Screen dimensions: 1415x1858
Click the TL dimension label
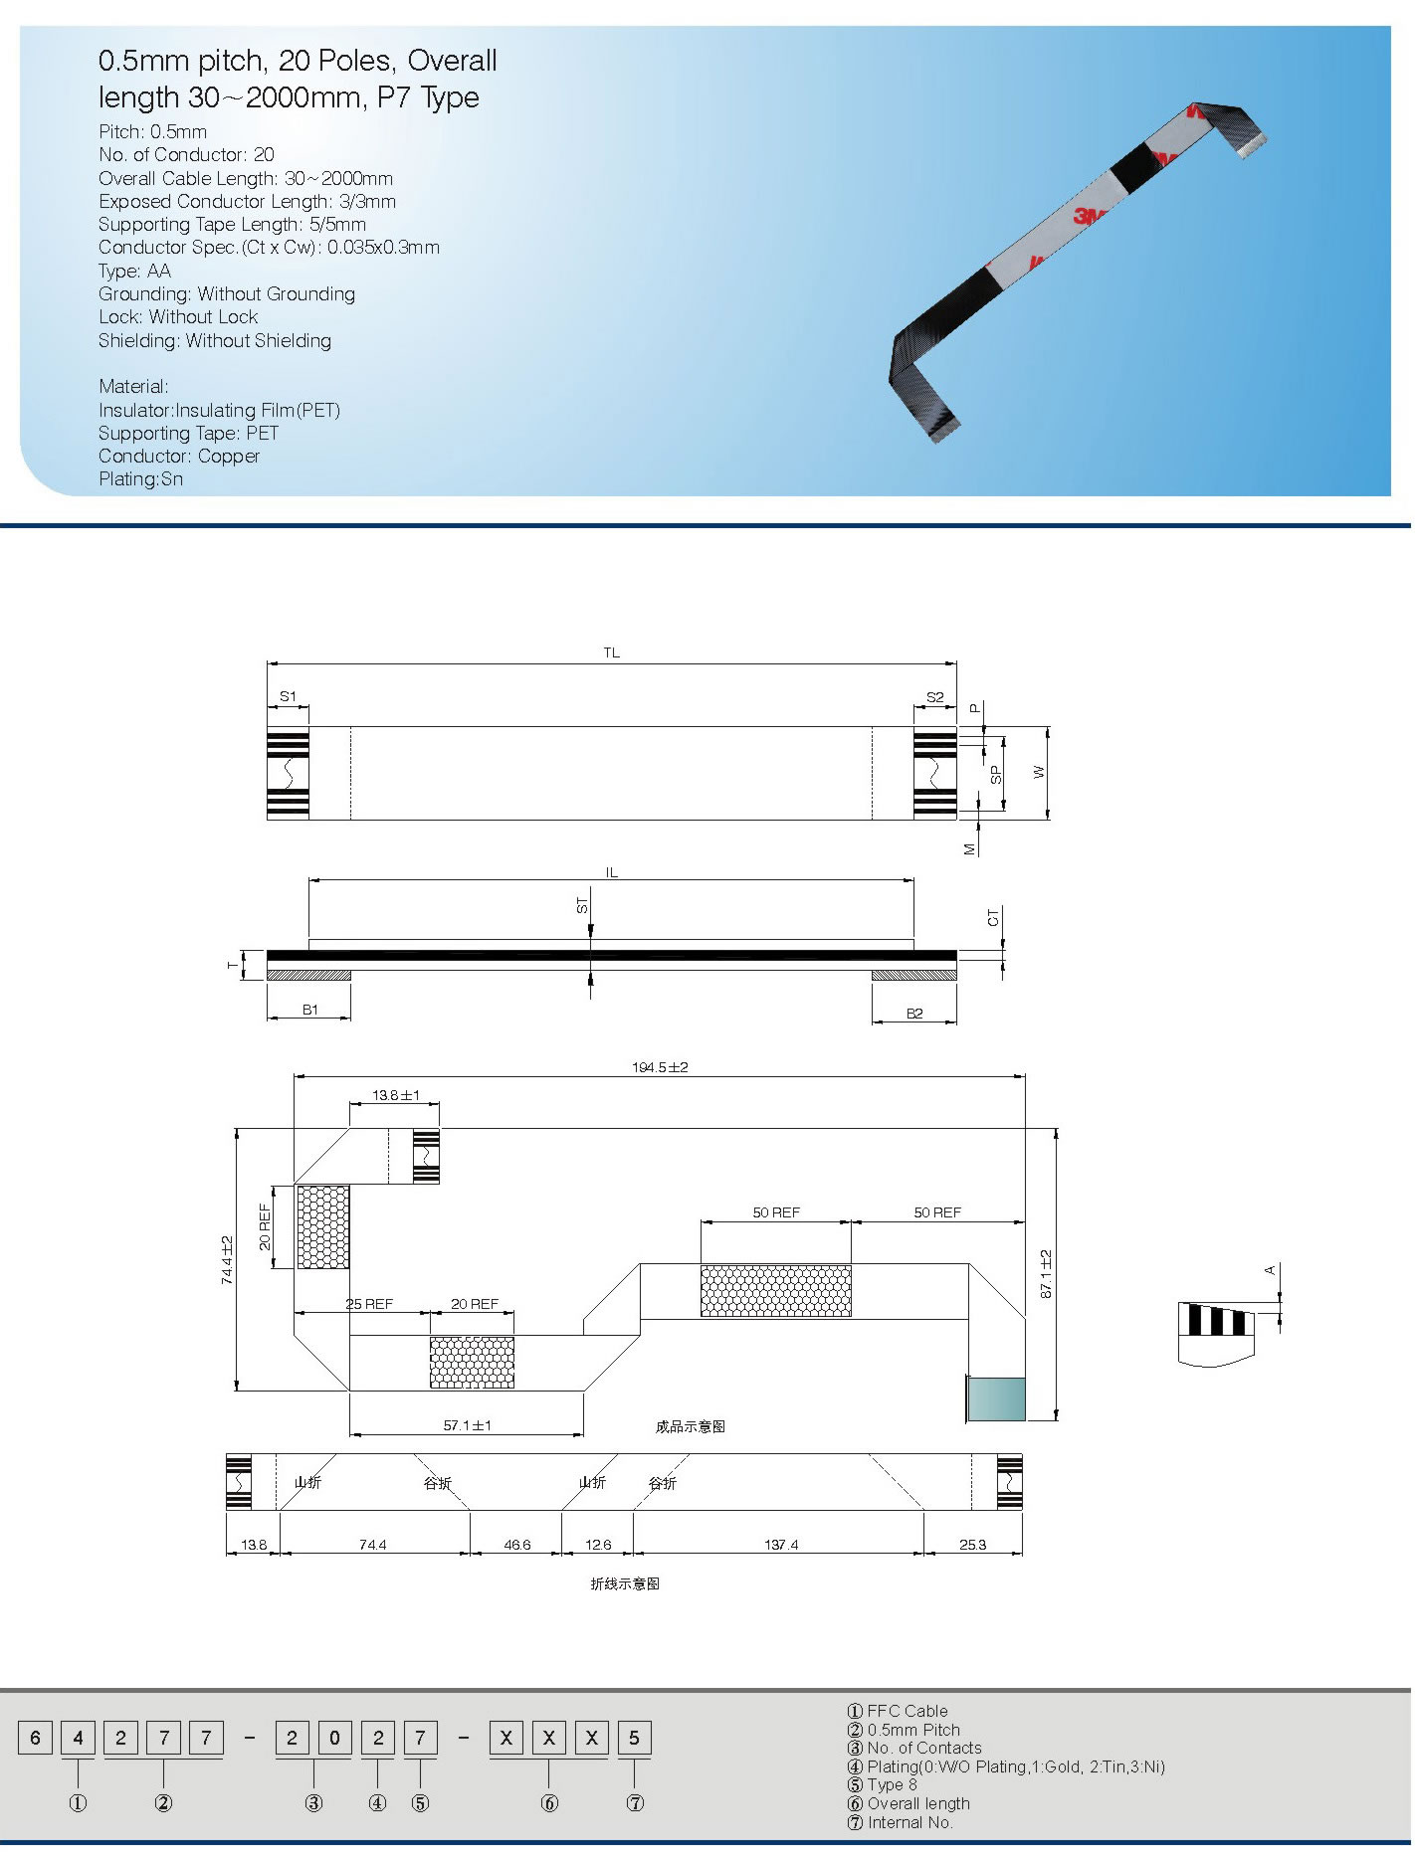[x=612, y=653]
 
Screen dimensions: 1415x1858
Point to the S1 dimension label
[x=288, y=697]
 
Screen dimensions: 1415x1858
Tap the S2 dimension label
[x=935, y=697]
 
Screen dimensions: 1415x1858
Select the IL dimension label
[x=612, y=873]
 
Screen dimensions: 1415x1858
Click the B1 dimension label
[x=310, y=1011]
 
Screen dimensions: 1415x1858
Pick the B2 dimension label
[x=914, y=1014]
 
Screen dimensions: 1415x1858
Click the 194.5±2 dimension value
[x=660, y=1068]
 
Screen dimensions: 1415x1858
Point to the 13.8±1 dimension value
[x=396, y=1096]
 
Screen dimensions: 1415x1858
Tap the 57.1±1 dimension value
[x=468, y=1426]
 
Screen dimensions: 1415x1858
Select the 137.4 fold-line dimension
[x=781, y=1546]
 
